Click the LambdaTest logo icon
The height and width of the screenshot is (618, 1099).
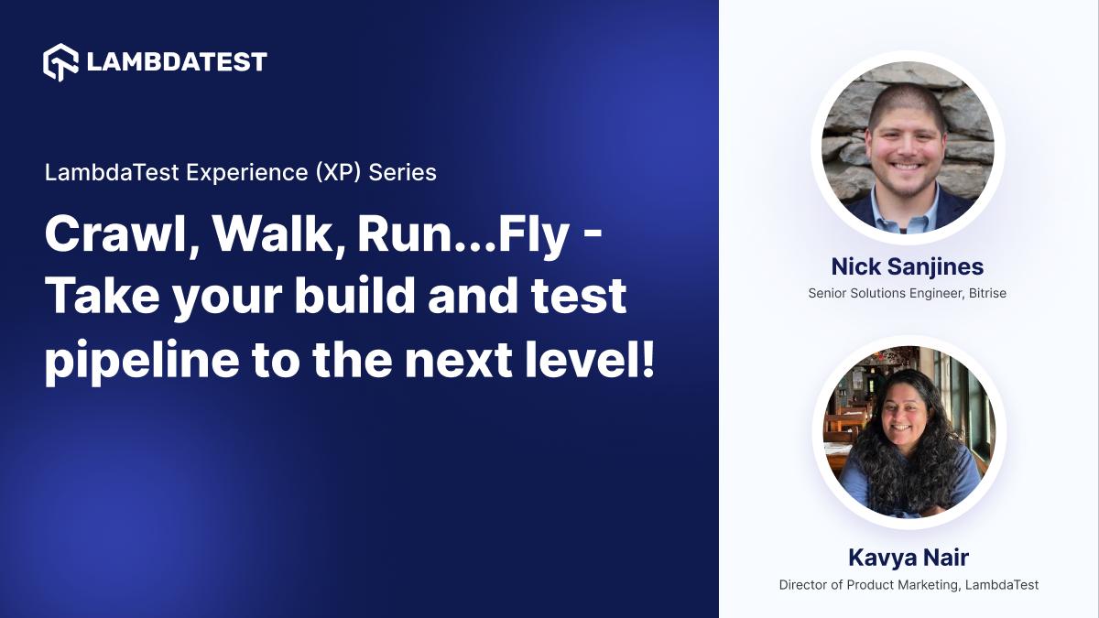click(x=62, y=61)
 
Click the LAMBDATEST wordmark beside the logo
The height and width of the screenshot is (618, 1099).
click(x=177, y=62)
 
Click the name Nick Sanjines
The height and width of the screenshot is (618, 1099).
click(x=908, y=266)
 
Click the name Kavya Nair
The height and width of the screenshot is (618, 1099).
click(x=909, y=558)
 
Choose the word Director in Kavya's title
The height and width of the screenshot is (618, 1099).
click(x=803, y=585)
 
